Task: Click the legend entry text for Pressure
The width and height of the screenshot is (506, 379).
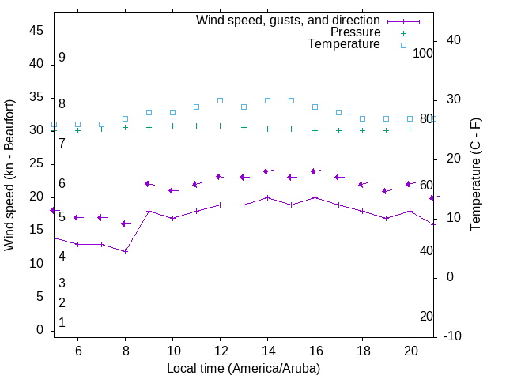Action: click(x=355, y=32)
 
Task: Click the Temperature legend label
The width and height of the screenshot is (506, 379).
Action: click(x=344, y=44)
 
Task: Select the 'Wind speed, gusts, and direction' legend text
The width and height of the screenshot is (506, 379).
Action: click(x=289, y=21)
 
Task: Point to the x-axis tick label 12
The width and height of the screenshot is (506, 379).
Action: click(x=220, y=351)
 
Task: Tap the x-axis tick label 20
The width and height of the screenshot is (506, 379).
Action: click(x=410, y=351)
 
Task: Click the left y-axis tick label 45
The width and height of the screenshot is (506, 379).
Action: click(x=36, y=31)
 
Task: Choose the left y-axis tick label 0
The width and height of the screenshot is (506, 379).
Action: click(x=39, y=330)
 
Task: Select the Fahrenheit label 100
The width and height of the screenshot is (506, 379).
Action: click(x=423, y=53)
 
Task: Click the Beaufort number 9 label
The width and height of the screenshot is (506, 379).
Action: click(x=62, y=58)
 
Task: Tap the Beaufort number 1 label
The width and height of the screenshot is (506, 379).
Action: click(x=62, y=322)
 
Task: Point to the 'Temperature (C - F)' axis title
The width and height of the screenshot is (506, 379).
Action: click(x=476, y=175)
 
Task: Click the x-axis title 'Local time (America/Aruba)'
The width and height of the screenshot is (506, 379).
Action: click(x=244, y=368)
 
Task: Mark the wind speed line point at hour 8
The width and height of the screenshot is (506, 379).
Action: click(x=125, y=251)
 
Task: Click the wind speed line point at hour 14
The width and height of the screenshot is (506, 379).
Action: click(x=267, y=197)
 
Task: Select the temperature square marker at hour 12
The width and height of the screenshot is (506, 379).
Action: click(x=220, y=101)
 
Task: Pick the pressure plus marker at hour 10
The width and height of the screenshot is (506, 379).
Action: click(x=172, y=126)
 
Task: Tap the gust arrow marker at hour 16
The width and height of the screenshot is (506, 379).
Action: click(x=315, y=171)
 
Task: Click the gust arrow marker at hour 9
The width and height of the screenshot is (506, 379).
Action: click(x=149, y=184)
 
